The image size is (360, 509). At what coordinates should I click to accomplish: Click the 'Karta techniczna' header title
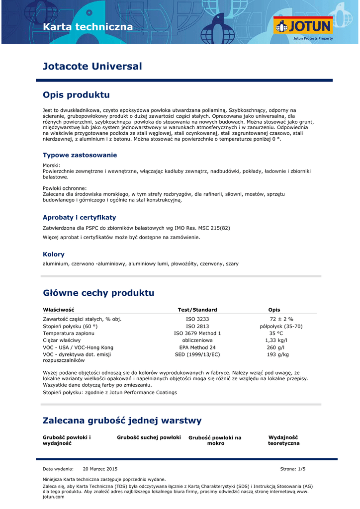pos(88,27)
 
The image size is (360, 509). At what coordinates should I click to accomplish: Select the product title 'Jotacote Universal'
pos(92,67)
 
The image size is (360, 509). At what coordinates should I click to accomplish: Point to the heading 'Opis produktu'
pos(76,95)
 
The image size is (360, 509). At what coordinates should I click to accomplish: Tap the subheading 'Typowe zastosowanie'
pos(80,155)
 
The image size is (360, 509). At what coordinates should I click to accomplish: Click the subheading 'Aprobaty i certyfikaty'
pos(79,217)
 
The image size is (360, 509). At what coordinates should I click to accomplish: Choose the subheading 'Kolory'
pos(54,254)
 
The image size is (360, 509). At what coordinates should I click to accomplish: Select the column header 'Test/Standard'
pos(197,310)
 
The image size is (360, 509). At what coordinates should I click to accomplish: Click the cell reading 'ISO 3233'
pos(197,319)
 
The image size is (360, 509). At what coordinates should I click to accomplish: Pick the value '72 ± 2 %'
pos(281,319)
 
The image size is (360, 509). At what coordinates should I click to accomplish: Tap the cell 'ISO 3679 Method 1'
pos(197,333)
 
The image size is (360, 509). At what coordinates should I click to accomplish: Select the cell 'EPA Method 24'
pos(197,347)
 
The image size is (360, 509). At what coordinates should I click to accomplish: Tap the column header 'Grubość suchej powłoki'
pos(149,437)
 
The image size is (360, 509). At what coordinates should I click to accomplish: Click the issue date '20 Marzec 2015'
pos(100,469)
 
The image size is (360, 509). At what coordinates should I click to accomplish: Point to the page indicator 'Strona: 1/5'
pos(293,469)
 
